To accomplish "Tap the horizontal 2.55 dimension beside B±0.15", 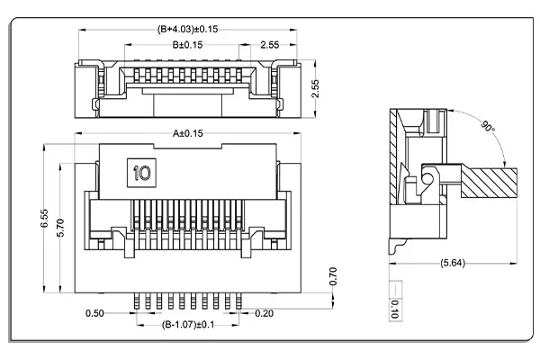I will click(270, 44).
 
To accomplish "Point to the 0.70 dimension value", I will click(332, 276).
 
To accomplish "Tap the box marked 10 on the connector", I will click(141, 171).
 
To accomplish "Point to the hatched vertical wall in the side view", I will click(397, 171).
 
